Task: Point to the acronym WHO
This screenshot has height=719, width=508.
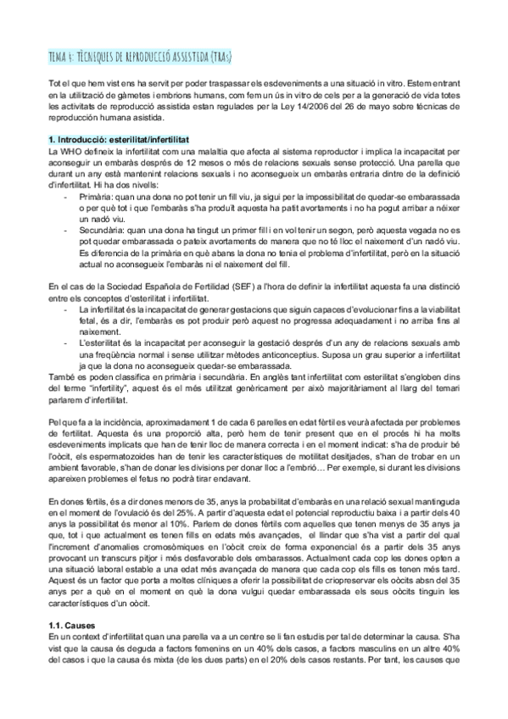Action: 74,149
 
